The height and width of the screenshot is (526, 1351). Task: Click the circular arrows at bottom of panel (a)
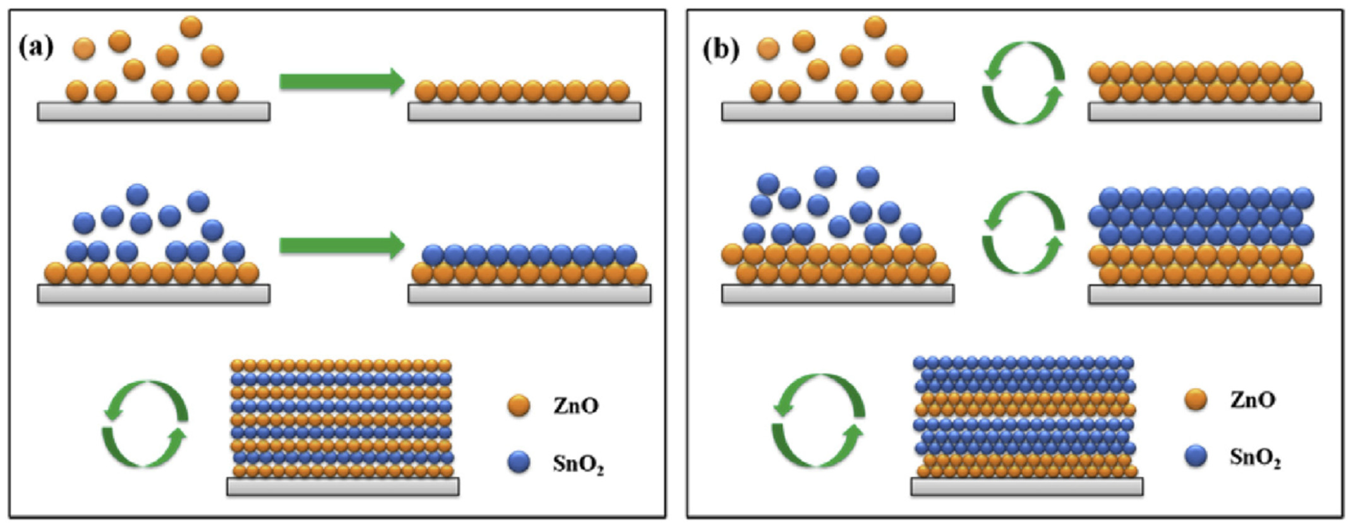point(145,423)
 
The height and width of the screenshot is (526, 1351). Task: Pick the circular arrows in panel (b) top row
point(1023,83)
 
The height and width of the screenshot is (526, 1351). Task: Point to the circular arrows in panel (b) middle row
point(1023,232)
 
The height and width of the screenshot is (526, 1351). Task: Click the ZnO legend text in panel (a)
point(575,406)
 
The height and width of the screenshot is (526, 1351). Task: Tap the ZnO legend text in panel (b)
point(1253,400)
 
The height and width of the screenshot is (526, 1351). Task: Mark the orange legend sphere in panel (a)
point(519,406)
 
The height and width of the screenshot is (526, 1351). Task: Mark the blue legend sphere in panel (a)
point(519,463)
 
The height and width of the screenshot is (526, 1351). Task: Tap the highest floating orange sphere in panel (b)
point(875,27)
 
